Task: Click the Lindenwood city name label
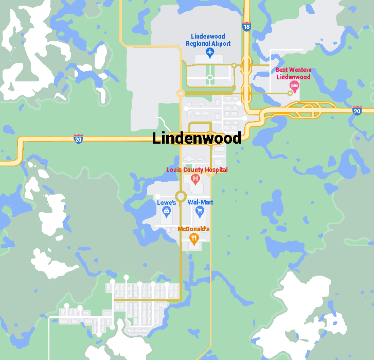(197, 138)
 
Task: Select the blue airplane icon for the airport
(209, 53)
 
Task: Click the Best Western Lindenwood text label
(293, 73)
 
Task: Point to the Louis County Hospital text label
(197, 170)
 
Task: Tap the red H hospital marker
(195, 179)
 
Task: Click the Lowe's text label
(167, 203)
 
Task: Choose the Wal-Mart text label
(200, 202)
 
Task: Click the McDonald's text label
(193, 229)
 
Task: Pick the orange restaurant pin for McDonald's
(194, 238)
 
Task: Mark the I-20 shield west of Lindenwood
(78, 139)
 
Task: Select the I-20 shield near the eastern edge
(357, 110)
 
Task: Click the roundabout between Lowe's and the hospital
(181, 196)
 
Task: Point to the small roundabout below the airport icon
(209, 78)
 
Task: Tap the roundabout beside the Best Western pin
(290, 93)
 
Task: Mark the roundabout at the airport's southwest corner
(181, 93)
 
